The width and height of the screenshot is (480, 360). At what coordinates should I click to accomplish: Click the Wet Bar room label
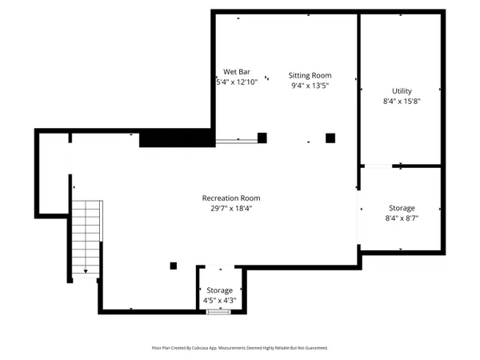tap(237, 72)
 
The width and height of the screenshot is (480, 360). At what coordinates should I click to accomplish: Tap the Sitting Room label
tap(310, 75)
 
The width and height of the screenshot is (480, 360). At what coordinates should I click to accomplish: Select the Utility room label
tap(402, 91)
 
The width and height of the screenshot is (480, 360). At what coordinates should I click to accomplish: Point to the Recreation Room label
tap(231, 198)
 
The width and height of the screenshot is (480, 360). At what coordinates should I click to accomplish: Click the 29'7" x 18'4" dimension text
tap(231, 209)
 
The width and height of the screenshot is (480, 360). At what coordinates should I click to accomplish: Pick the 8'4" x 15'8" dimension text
tap(402, 102)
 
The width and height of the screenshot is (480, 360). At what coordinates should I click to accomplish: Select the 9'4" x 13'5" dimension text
tap(310, 86)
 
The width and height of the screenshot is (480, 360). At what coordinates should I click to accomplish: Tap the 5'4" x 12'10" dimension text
tap(237, 82)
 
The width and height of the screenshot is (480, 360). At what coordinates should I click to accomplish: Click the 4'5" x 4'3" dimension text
tap(220, 301)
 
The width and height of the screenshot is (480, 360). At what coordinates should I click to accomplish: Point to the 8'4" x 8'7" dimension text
tap(402, 218)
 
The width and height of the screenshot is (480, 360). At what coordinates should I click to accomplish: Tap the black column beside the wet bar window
tap(262, 138)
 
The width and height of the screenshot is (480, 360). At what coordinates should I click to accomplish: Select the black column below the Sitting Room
tap(330, 138)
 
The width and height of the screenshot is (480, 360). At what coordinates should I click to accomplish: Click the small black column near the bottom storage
tap(173, 266)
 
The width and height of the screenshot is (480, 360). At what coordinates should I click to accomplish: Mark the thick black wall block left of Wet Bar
tap(176, 138)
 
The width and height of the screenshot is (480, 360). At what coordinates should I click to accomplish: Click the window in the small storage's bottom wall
tap(218, 311)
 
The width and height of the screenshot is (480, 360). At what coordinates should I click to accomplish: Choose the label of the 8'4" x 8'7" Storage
tap(402, 208)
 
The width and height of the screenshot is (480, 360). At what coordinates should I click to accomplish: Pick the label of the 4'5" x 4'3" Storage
tap(220, 290)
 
